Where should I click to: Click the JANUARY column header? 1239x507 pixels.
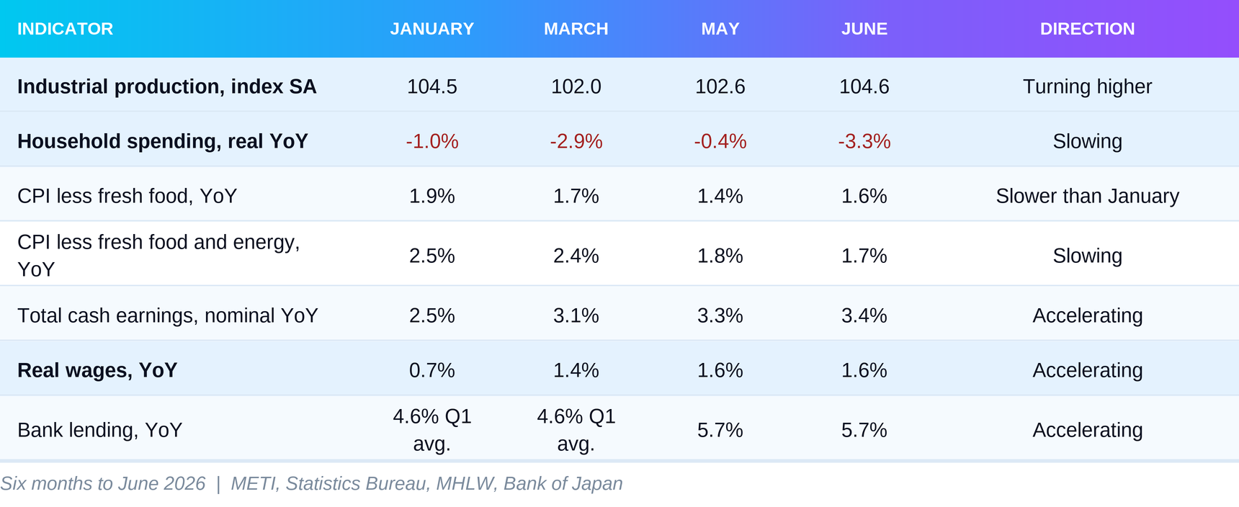(x=432, y=29)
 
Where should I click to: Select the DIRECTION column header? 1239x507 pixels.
(x=1087, y=29)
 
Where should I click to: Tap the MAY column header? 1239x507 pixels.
(x=720, y=29)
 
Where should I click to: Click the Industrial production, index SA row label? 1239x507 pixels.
(x=166, y=86)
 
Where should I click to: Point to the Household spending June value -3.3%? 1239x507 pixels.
(x=864, y=141)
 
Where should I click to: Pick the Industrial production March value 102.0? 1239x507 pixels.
(x=576, y=86)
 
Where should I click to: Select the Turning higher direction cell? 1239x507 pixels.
(x=1087, y=86)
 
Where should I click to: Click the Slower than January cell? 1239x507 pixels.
(x=1087, y=196)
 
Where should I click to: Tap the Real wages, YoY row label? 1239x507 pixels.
(x=97, y=370)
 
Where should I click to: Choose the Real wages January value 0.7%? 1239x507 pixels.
(x=432, y=370)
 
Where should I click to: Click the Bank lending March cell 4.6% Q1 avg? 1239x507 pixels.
(x=576, y=430)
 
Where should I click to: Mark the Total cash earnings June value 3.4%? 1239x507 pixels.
(x=864, y=315)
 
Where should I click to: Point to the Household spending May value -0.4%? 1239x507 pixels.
(x=720, y=141)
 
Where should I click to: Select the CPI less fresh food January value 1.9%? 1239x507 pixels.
(x=432, y=196)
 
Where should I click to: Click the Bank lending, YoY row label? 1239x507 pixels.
(x=99, y=430)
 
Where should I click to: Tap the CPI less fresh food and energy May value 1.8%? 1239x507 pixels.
(x=720, y=256)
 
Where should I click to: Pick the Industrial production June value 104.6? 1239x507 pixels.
(x=864, y=86)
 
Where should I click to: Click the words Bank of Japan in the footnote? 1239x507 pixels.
(x=563, y=483)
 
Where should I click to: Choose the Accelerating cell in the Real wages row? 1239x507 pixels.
(x=1087, y=370)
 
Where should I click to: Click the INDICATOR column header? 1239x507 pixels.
(x=66, y=29)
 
